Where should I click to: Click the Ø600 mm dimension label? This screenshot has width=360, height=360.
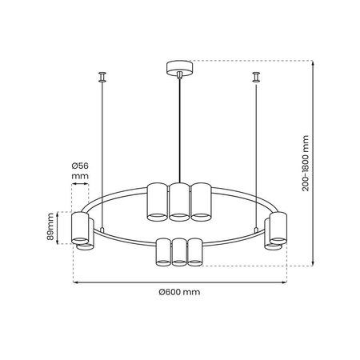(x=179, y=292)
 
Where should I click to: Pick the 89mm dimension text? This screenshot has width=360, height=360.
(x=50, y=226)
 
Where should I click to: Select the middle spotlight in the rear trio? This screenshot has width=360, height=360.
(x=178, y=201)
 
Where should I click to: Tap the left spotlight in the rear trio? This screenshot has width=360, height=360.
(x=157, y=201)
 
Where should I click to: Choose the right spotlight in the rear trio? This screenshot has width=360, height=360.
(x=200, y=201)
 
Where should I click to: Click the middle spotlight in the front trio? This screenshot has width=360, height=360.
(x=178, y=252)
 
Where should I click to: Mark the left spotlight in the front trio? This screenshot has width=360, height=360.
(x=163, y=252)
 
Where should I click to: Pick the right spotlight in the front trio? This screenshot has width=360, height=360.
(x=194, y=252)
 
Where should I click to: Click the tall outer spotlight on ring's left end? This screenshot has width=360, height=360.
(x=79, y=227)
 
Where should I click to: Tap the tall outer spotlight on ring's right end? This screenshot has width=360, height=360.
(x=278, y=227)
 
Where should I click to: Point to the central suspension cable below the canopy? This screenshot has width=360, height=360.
(x=178, y=128)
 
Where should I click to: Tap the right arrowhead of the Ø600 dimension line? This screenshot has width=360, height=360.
(x=284, y=282)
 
